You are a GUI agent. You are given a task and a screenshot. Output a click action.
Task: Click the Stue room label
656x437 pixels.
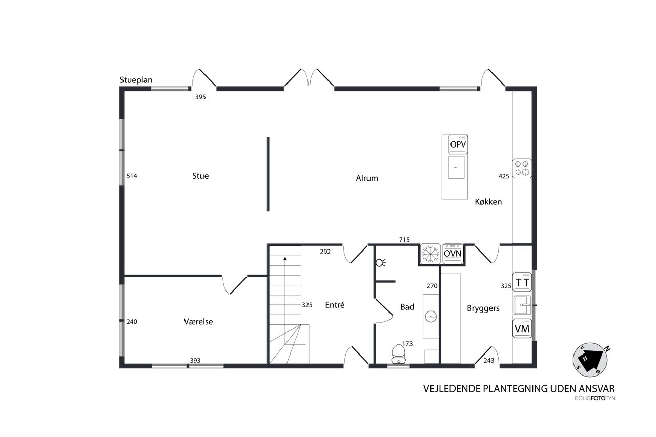[x=200, y=176]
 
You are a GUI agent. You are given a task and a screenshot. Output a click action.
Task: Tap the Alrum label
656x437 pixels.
[x=367, y=178]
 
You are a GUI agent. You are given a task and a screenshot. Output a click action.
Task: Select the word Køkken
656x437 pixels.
[x=488, y=202]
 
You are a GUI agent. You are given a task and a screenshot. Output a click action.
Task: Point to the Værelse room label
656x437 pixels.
[x=198, y=322]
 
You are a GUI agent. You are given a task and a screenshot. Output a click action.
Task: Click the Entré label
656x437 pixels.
[x=335, y=305]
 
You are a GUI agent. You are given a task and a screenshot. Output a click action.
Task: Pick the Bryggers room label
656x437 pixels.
[x=483, y=308]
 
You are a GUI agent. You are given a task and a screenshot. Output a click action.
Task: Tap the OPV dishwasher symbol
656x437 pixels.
[x=458, y=144]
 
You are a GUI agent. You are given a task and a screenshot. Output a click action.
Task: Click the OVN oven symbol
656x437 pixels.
[x=453, y=254]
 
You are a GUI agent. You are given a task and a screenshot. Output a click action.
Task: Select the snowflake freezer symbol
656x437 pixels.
[x=430, y=254]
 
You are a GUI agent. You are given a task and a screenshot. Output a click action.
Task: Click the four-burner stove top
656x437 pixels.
[x=522, y=169]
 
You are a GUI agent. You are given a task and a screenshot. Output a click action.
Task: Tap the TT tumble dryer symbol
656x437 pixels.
[x=522, y=282]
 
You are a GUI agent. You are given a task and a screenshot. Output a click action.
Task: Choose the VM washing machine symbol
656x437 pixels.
[x=522, y=328]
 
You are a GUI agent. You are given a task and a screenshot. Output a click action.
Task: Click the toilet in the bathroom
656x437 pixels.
[x=398, y=353]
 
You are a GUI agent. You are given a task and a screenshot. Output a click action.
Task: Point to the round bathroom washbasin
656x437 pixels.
[x=431, y=317]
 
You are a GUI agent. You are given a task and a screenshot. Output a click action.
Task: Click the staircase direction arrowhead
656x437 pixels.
[x=285, y=259]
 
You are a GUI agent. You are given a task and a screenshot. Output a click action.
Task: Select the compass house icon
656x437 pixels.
[x=590, y=360]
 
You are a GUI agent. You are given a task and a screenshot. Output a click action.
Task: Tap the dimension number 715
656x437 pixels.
[x=404, y=240]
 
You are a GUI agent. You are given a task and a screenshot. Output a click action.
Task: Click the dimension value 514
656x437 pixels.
[x=132, y=176]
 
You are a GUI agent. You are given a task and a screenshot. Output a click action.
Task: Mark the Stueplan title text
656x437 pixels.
[x=136, y=80]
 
